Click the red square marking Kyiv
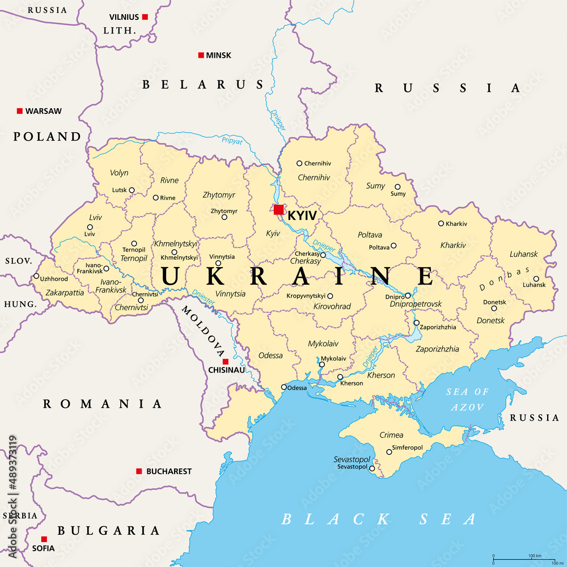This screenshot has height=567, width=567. [278, 210]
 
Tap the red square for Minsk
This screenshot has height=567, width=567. [201, 55]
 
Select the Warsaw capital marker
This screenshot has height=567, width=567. [20, 111]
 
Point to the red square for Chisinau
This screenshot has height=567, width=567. [225, 362]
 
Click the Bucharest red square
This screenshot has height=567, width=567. [139, 471]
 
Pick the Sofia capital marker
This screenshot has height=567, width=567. [44, 539]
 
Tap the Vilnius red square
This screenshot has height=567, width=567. [145, 17]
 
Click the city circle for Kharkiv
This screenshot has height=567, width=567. [441, 223]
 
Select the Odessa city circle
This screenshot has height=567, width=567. [284, 387]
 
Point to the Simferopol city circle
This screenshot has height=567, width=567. [389, 452]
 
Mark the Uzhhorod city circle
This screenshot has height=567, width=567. [36, 277]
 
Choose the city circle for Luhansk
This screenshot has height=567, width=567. [536, 278]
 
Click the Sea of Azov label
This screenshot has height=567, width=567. [468, 399]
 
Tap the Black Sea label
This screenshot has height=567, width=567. [379, 519]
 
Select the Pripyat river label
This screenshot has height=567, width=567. [232, 140]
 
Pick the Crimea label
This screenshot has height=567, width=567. [391, 435]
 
